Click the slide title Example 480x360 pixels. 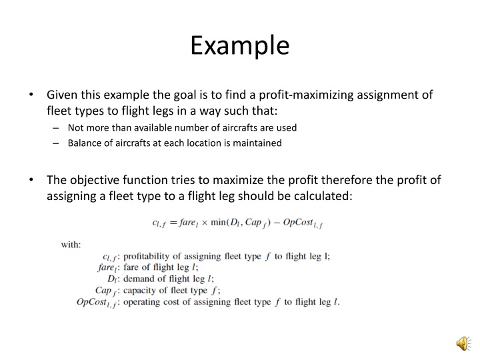click(239, 45)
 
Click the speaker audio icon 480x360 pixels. click(461, 342)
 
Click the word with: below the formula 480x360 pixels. click(71, 244)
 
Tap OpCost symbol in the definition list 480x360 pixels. click(95, 302)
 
